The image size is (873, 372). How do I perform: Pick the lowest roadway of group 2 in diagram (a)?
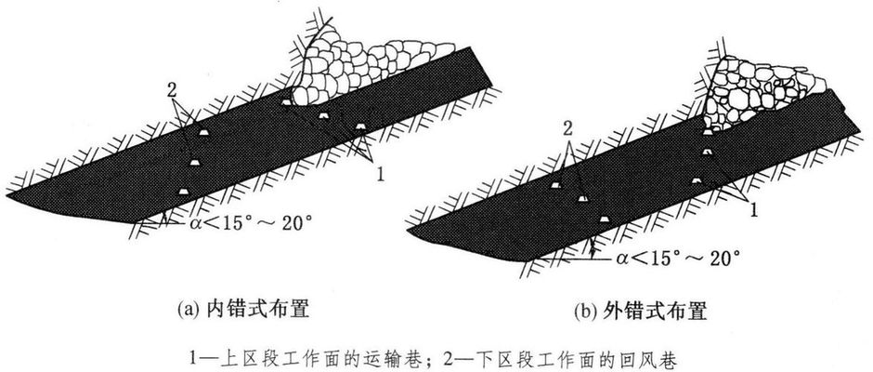[184, 191]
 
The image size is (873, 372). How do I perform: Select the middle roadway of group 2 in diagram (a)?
[195, 163]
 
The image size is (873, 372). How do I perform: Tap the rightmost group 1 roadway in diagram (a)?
[360, 126]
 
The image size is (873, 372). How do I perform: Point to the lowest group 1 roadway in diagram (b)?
[696, 177]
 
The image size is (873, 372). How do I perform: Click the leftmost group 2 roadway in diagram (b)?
[554, 185]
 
